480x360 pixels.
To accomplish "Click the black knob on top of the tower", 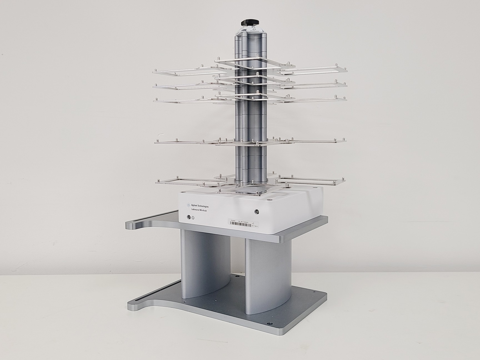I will [250, 22].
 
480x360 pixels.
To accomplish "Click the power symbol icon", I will [193, 218].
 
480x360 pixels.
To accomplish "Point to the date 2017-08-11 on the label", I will [255, 226].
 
